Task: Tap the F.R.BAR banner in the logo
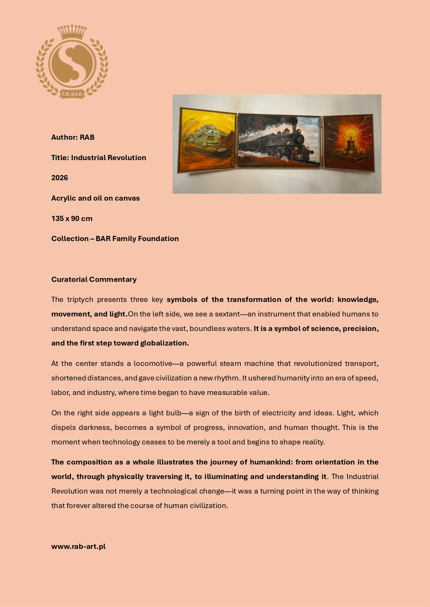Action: (x=72, y=94)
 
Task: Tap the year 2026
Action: (x=60, y=178)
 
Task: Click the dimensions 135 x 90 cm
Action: (x=72, y=219)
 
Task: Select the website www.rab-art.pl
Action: (x=78, y=546)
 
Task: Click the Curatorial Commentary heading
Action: (x=94, y=279)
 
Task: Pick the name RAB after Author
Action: (x=87, y=137)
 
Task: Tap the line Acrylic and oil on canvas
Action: (x=95, y=198)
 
